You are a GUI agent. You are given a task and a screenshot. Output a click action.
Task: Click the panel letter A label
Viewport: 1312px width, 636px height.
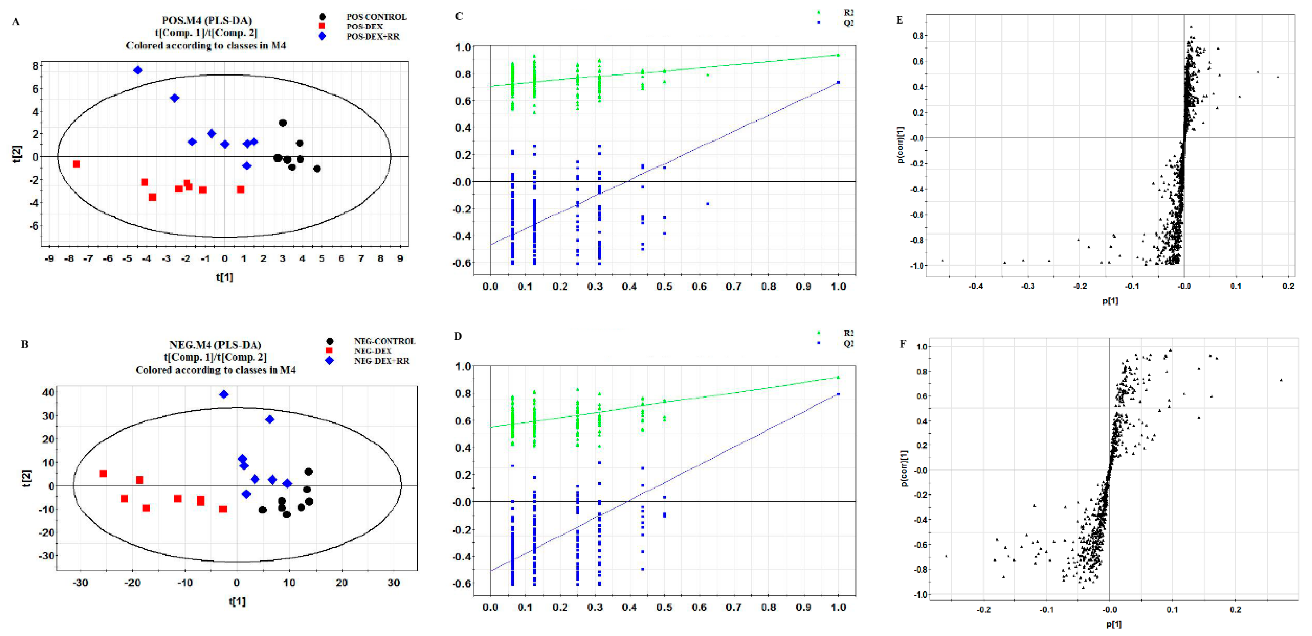(x=16, y=21)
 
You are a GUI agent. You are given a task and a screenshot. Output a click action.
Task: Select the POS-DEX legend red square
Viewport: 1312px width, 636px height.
(x=322, y=26)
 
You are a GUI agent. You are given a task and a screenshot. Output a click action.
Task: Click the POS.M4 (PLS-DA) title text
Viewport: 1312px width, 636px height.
(x=206, y=20)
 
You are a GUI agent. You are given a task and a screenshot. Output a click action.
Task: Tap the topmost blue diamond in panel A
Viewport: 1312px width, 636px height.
(x=137, y=70)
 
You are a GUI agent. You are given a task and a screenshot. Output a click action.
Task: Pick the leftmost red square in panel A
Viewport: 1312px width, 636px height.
(x=76, y=164)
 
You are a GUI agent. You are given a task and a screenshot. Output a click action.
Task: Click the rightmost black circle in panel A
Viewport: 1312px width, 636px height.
(x=317, y=169)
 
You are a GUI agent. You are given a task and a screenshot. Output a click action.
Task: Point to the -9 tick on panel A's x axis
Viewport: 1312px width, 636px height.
(x=50, y=259)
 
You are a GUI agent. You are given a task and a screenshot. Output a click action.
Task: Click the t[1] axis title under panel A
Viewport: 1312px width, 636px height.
(x=224, y=277)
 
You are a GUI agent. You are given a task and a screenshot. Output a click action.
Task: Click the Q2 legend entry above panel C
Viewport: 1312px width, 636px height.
(x=847, y=23)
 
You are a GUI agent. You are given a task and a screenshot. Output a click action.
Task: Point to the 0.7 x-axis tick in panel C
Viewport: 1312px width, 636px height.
(x=733, y=287)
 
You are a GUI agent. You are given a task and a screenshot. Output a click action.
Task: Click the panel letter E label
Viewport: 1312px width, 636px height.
(x=900, y=20)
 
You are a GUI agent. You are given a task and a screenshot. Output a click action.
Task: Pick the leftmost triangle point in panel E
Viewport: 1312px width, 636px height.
(x=943, y=261)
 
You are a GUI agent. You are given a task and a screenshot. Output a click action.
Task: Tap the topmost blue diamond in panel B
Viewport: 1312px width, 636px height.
(x=223, y=394)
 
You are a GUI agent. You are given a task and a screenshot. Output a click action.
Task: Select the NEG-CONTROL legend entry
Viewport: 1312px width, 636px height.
(x=384, y=341)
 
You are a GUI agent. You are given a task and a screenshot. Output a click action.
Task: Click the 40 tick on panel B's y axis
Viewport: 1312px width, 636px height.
(x=48, y=392)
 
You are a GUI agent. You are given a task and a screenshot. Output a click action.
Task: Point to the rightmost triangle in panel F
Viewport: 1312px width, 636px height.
(x=1281, y=380)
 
